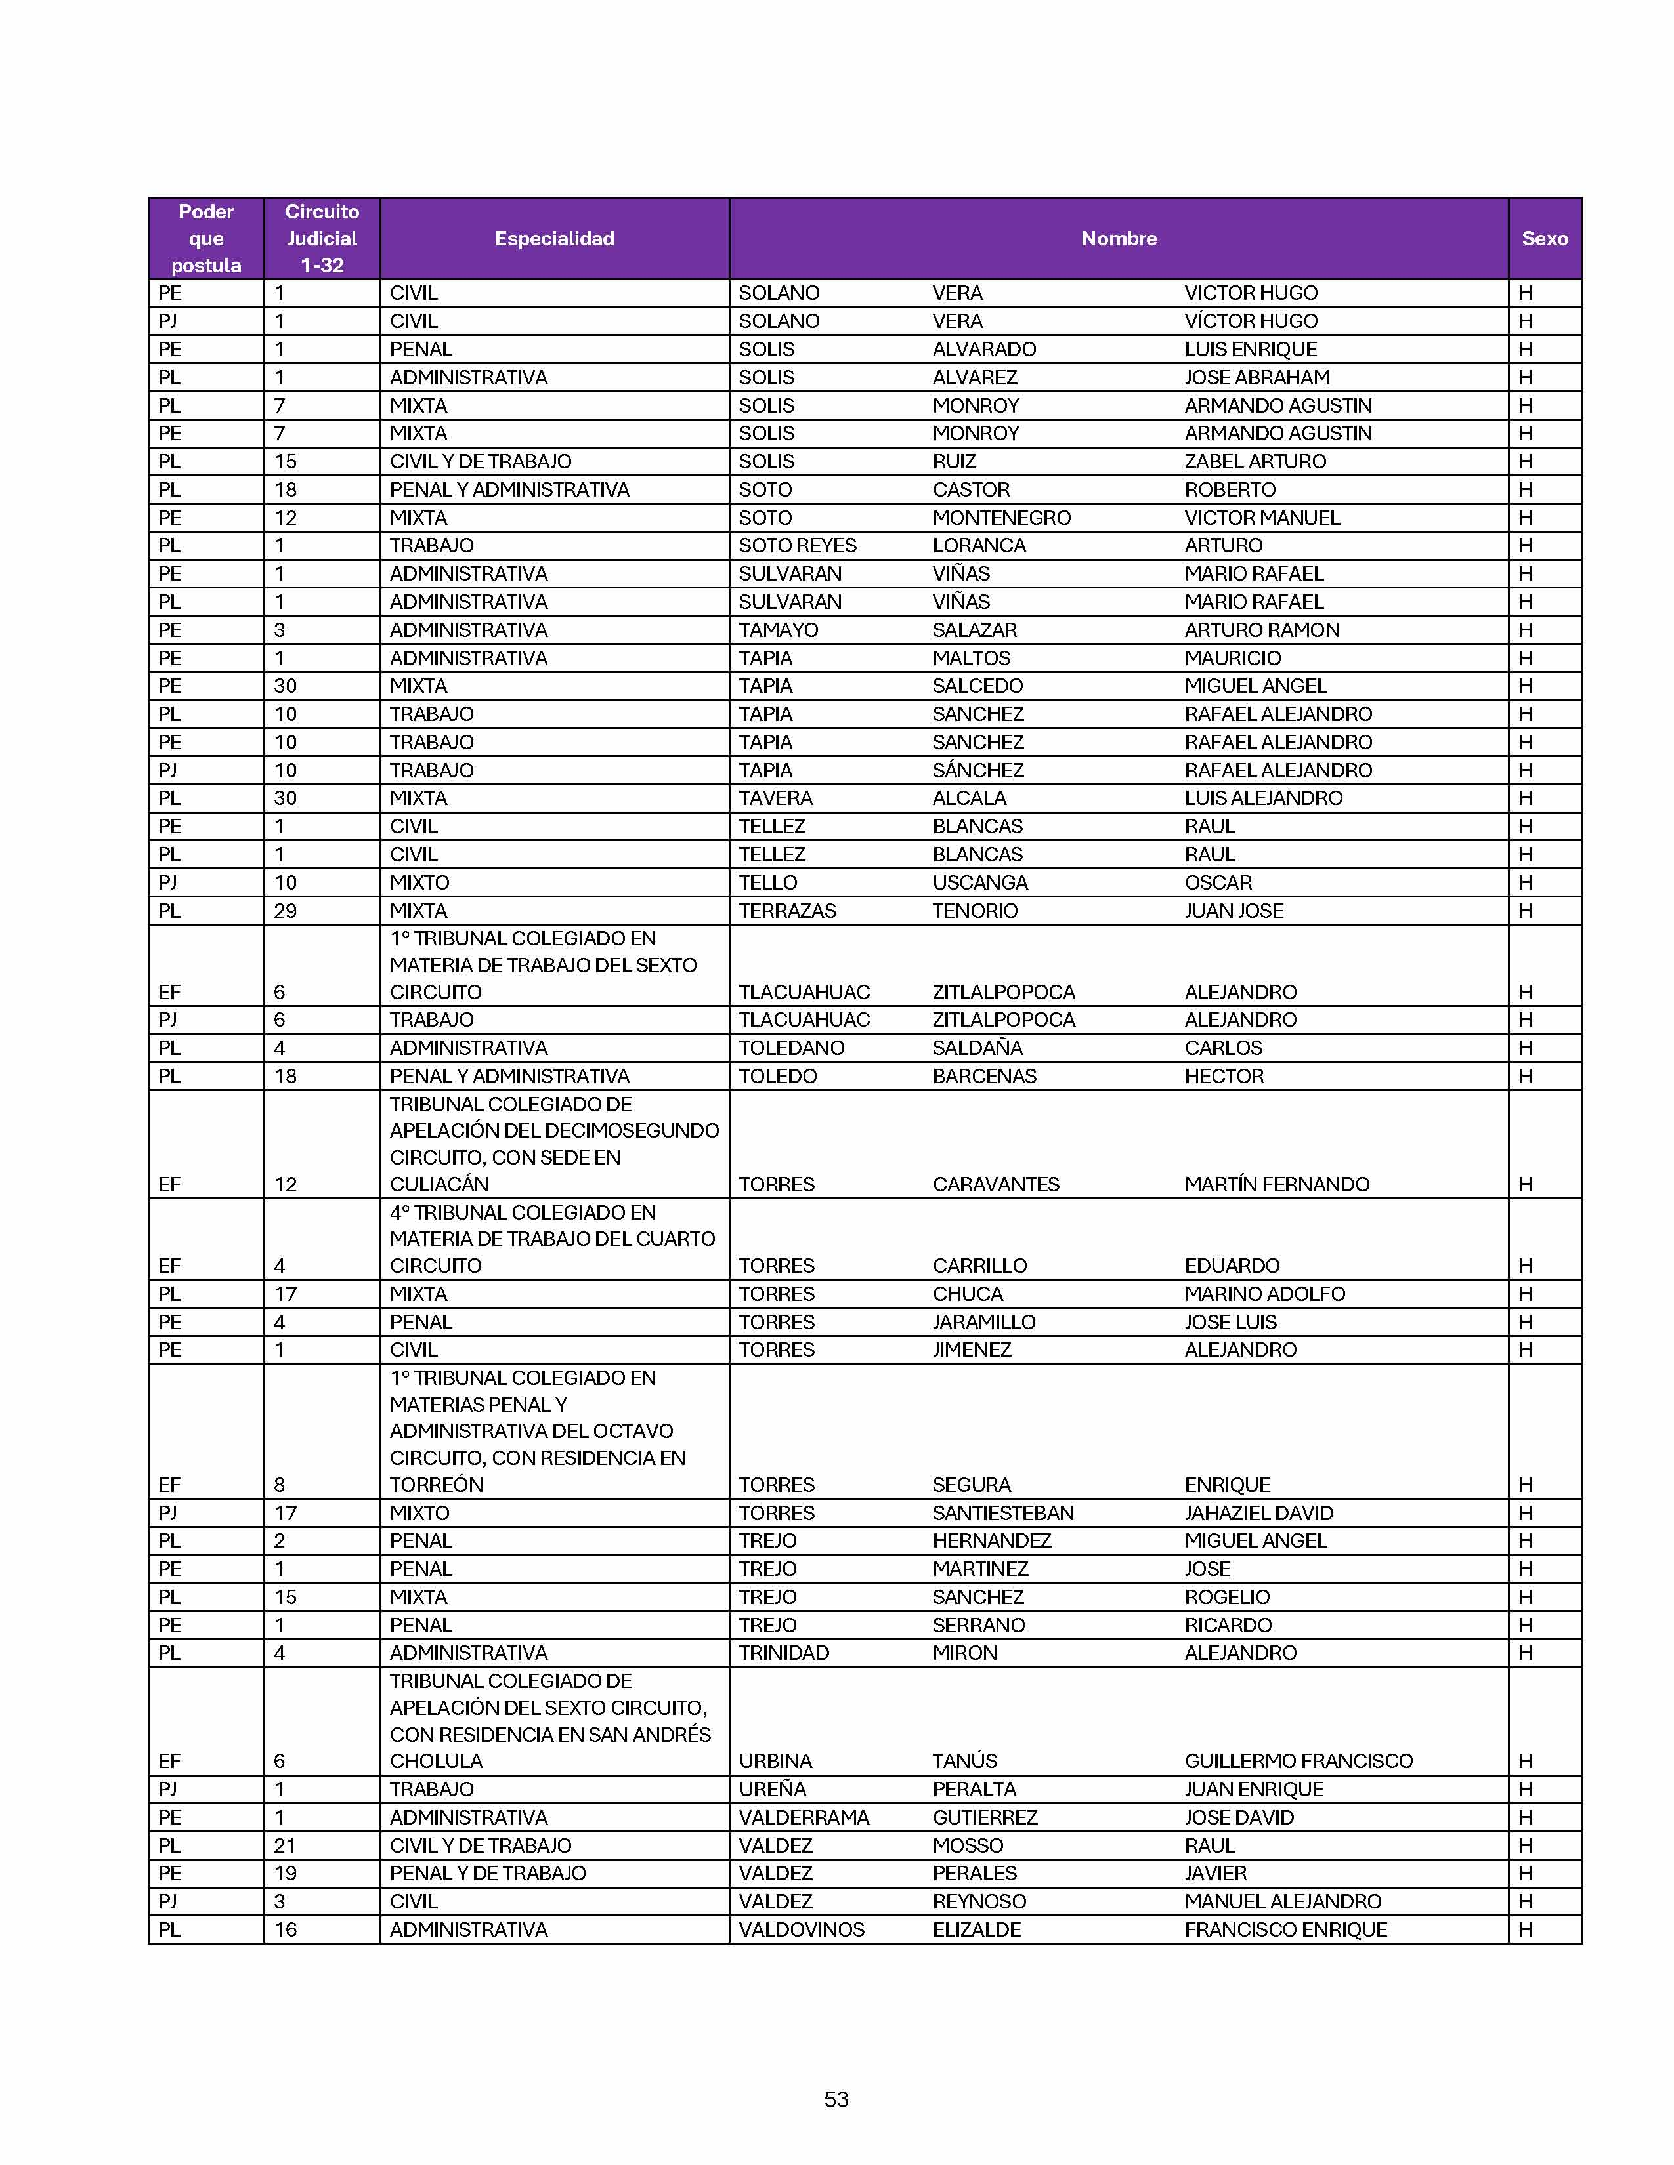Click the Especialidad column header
pos(554,238)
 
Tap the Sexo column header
pos(1544,238)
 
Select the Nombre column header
pos(1119,238)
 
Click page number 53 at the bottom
pos(836,2099)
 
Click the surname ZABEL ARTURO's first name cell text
pos(1255,461)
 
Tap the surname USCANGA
pos(980,882)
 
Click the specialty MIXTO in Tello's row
pos(419,882)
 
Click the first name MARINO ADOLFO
pos(1264,1294)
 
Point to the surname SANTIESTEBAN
pos(1002,1513)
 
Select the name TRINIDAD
pos(783,1653)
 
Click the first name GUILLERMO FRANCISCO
pos(1298,1761)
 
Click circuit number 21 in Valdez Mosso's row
pos(285,1845)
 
